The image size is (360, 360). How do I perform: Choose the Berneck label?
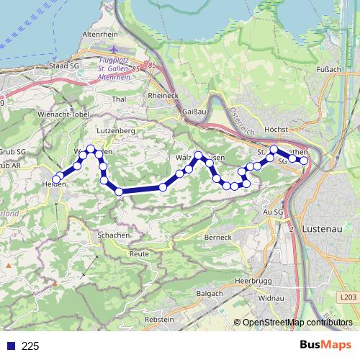(217, 238)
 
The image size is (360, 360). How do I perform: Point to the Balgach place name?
(209, 294)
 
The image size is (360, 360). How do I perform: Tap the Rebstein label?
(160, 318)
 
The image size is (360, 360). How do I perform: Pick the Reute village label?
(138, 254)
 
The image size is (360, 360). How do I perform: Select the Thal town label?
(120, 99)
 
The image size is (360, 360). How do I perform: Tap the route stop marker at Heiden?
(56, 179)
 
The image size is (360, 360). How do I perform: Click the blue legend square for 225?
(9, 346)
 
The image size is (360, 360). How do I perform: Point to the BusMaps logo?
(326, 345)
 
